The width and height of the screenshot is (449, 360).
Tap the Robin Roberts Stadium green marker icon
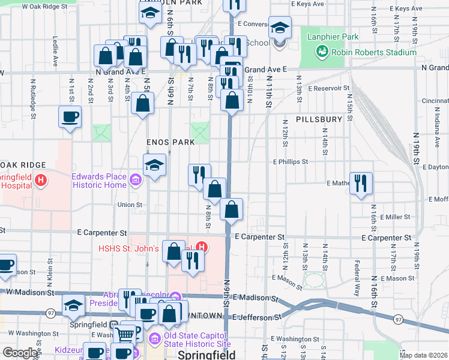point(321,52)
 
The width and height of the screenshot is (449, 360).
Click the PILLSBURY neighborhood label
point(318,119)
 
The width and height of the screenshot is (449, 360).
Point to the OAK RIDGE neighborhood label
point(23,165)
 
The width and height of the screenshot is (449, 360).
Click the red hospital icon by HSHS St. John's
point(202,247)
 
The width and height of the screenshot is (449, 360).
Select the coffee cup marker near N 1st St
point(70,116)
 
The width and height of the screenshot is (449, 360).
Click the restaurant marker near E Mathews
point(361,183)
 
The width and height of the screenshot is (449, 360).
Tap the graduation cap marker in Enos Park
point(154,166)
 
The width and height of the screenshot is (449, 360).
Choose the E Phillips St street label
point(290,162)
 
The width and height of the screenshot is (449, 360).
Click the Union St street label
point(130,205)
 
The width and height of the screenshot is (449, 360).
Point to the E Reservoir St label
point(328,88)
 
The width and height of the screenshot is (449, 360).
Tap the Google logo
point(20,353)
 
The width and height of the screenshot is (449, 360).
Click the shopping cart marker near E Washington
point(124,334)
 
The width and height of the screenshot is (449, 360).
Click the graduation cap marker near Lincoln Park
point(149,14)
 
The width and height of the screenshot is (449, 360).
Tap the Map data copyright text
point(423,355)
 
